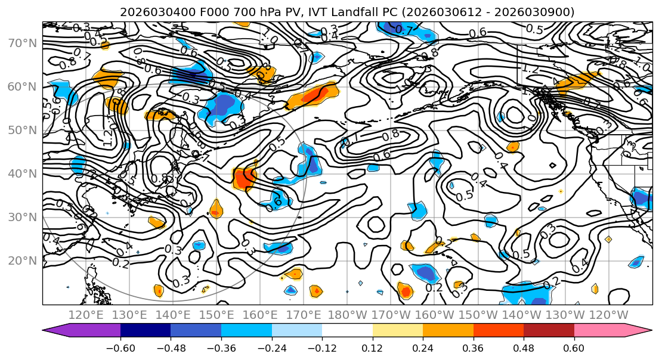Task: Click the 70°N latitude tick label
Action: tap(21, 43)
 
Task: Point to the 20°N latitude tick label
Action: tap(21, 260)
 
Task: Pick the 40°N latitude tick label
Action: tap(21, 173)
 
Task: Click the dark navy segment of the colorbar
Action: tap(145, 330)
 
